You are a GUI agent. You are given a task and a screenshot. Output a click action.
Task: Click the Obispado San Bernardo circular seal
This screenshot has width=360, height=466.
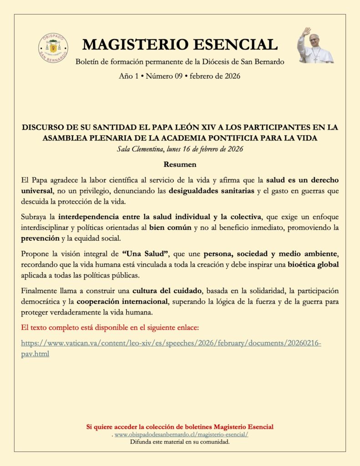point(53,48)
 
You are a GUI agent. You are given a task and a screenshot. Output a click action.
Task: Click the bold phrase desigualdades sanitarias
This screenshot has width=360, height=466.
point(211,191)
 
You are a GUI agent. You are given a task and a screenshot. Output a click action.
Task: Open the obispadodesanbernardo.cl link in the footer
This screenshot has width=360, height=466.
point(181,435)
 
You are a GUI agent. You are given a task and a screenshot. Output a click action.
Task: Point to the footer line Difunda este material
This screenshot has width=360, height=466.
point(180,442)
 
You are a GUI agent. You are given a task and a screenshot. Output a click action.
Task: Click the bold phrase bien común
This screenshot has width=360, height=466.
point(170,228)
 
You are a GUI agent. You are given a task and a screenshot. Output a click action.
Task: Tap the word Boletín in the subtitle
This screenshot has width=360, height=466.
point(88,62)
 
